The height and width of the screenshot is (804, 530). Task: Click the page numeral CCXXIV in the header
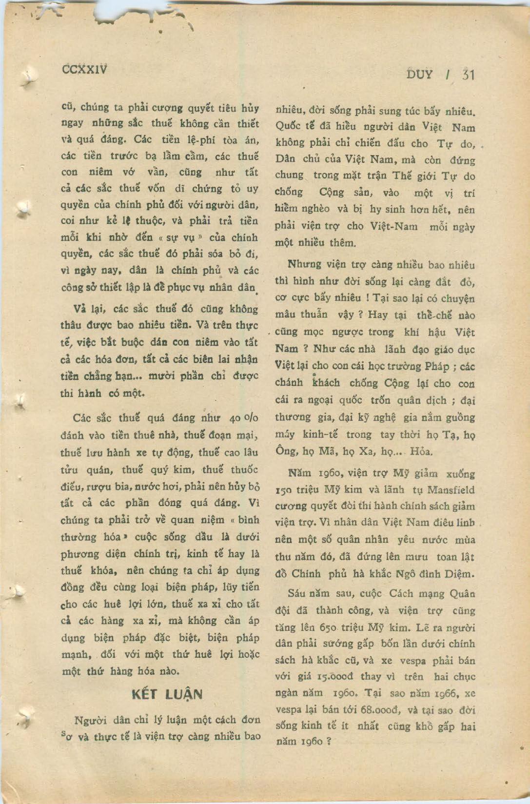85,69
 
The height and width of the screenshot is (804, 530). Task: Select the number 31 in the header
468,75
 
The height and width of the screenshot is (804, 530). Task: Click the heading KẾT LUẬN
167,694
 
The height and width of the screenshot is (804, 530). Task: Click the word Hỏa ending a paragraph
421,451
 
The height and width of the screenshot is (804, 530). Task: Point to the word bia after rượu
120,486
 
